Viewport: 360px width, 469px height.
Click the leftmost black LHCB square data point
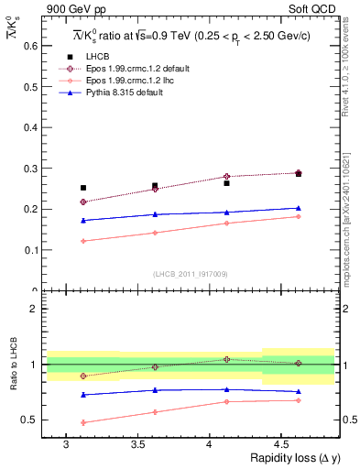[83, 188]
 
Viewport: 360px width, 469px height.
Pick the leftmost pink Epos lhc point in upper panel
[83, 241]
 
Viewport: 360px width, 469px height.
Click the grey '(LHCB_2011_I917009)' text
[190, 274]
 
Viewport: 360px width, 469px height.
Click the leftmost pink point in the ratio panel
[83, 422]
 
